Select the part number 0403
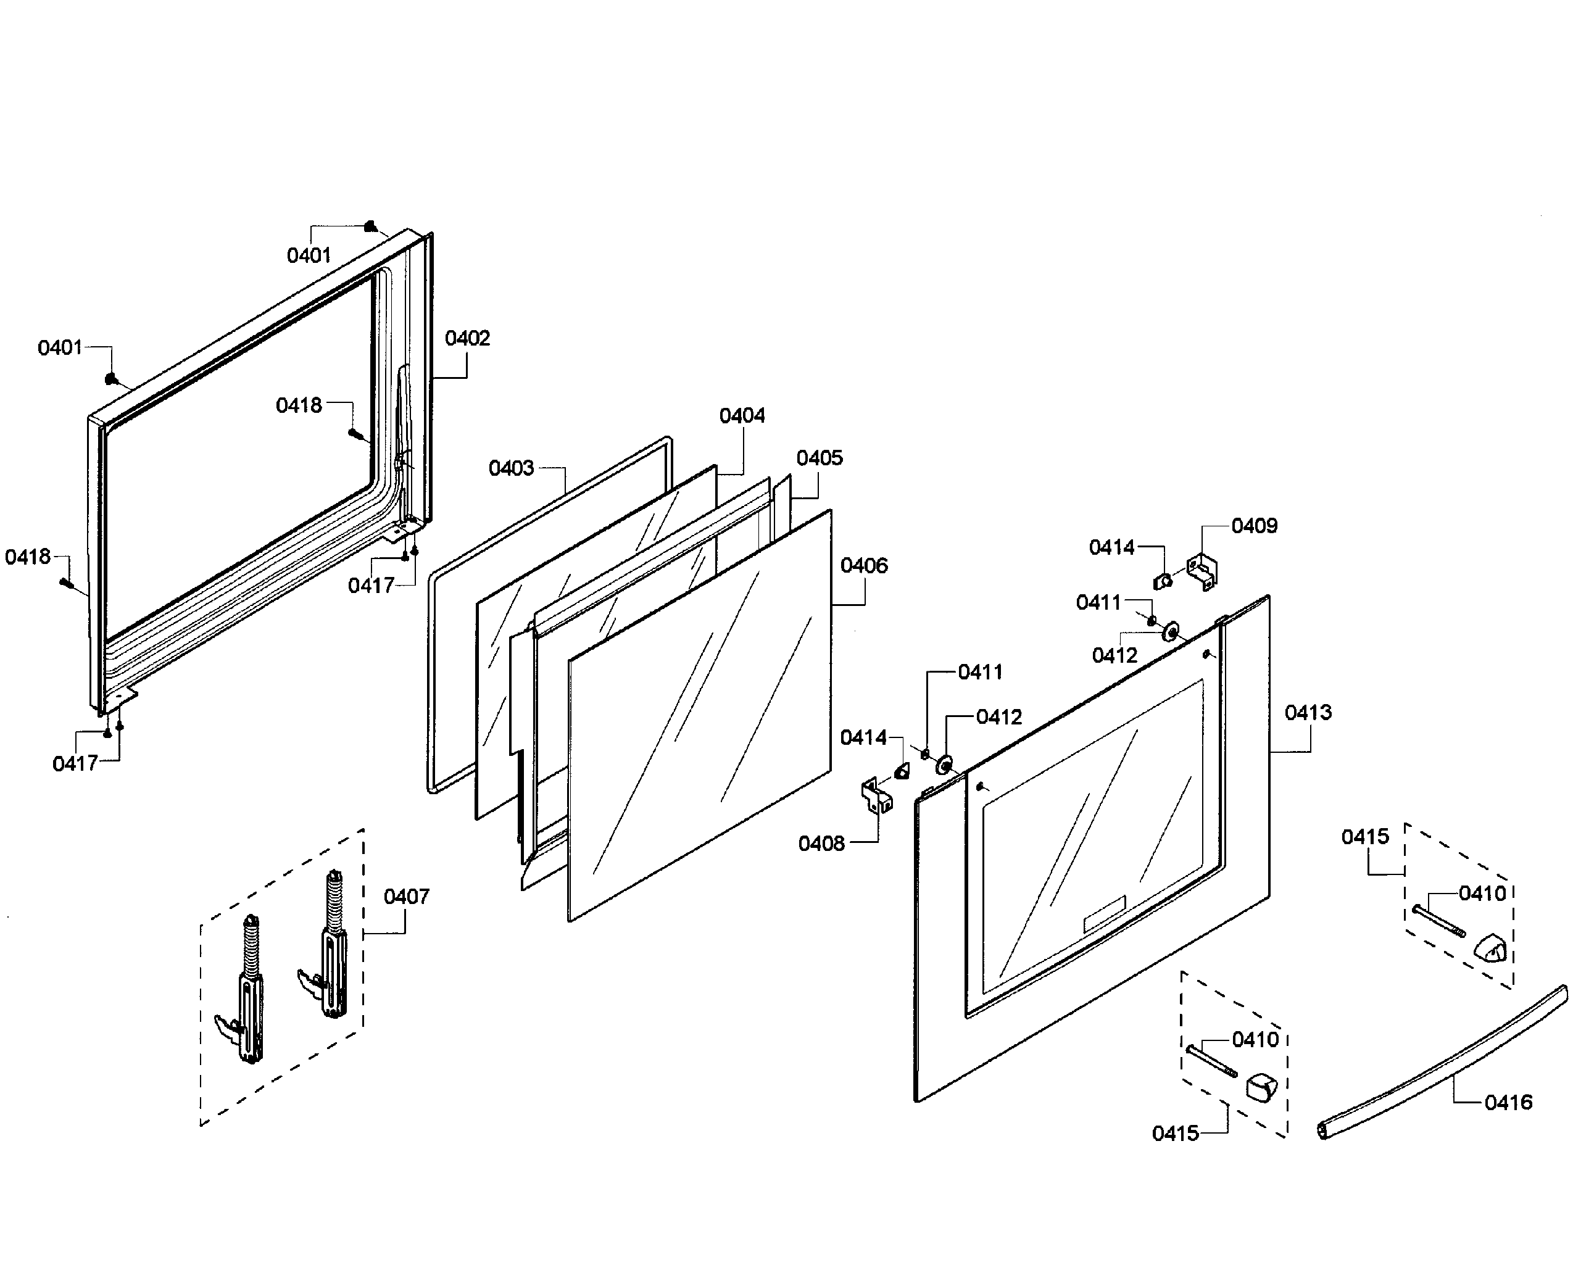[511, 468]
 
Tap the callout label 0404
[742, 415]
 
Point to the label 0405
[819, 458]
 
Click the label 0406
[863, 566]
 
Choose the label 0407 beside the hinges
[406, 897]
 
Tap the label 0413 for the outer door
[1308, 713]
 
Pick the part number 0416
[1508, 1103]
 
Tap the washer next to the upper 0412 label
[1171, 633]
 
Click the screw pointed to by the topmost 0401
[370, 226]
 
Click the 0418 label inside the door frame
[299, 405]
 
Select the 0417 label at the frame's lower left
[75, 764]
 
